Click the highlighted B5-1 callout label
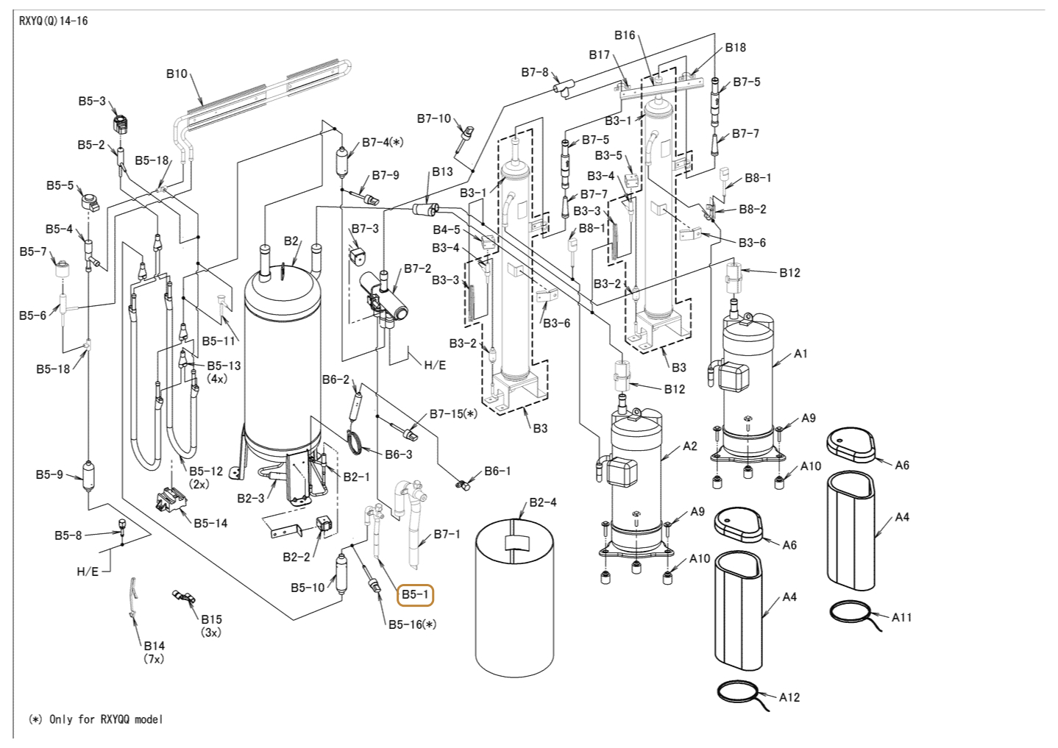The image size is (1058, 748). tap(415, 594)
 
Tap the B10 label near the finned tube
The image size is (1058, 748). tap(177, 74)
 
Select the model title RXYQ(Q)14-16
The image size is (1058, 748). tap(54, 21)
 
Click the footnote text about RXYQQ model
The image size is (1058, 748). tap(96, 719)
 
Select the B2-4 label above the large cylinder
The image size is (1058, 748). tap(543, 502)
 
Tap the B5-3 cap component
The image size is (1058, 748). tap(122, 123)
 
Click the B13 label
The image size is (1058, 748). tap(442, 171)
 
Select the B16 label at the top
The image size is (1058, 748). tap(625, 35)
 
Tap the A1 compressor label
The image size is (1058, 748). tap(800, 353)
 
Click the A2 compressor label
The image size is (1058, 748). tap(689, 446)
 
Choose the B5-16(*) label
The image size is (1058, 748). tap(412, 624)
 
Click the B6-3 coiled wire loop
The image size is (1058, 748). tap(356, 443)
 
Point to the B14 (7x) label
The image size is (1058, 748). tap(154, 652)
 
